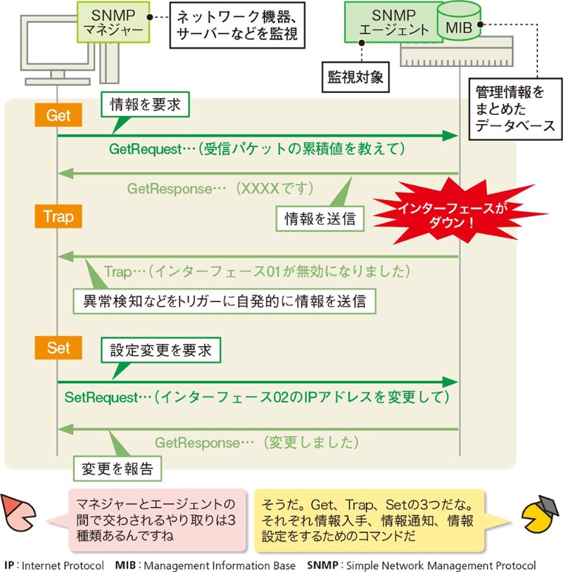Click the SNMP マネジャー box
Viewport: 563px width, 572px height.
[113, 23]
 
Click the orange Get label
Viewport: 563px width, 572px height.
[58, 116]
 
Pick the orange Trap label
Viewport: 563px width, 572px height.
[58, 216]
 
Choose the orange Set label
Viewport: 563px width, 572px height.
[58, 347]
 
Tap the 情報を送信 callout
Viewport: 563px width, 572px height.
[320, 219]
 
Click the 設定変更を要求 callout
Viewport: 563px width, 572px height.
[161, 349]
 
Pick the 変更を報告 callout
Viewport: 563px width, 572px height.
[118, 468]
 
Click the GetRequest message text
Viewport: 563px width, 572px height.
[257, 149]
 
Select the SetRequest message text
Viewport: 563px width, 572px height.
[256, 397]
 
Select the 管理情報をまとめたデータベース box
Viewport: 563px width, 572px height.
[514, 109]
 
